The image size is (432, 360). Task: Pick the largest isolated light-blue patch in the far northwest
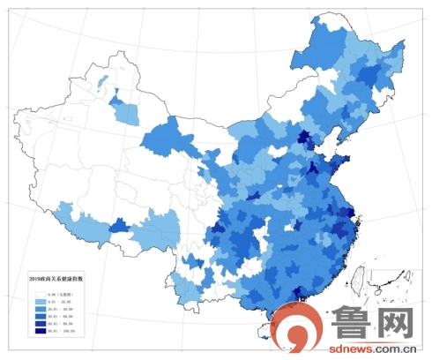click(x=126, y=113)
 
